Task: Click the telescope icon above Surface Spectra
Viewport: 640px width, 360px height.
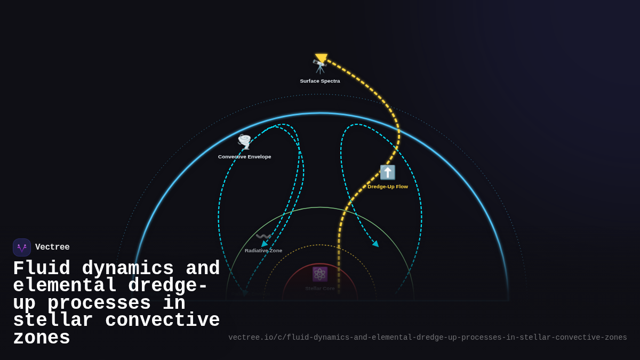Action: (319, 67)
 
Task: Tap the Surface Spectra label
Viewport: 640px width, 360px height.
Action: (320, 81)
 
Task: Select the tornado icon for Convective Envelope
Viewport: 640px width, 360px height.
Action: (244, 141)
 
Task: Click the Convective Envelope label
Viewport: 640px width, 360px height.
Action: (244, 157)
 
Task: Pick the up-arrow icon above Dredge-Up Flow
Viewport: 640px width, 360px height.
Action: (388, 172)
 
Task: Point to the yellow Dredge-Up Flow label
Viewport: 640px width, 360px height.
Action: (388, 187)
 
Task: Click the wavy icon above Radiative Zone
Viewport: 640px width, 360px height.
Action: (263, 236)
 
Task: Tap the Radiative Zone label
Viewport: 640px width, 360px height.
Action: (263, 251)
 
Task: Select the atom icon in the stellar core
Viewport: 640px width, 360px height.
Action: (319, 274)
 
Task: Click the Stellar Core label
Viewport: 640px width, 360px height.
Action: (320, 289)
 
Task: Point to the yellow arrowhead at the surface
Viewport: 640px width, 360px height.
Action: (321, 58)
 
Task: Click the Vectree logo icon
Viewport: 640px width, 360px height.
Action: (22, 247)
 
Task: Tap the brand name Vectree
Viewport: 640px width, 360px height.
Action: (52, 247)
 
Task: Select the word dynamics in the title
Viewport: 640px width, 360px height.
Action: (128, 269)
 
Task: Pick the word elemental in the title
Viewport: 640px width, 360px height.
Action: (65, 286)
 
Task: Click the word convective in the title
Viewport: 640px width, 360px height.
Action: (163, 321)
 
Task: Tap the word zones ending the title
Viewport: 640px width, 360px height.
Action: (42, 338)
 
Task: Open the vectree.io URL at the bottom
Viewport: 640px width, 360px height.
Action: (428, 338)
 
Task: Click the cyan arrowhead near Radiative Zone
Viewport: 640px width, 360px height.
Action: (265, 244)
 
